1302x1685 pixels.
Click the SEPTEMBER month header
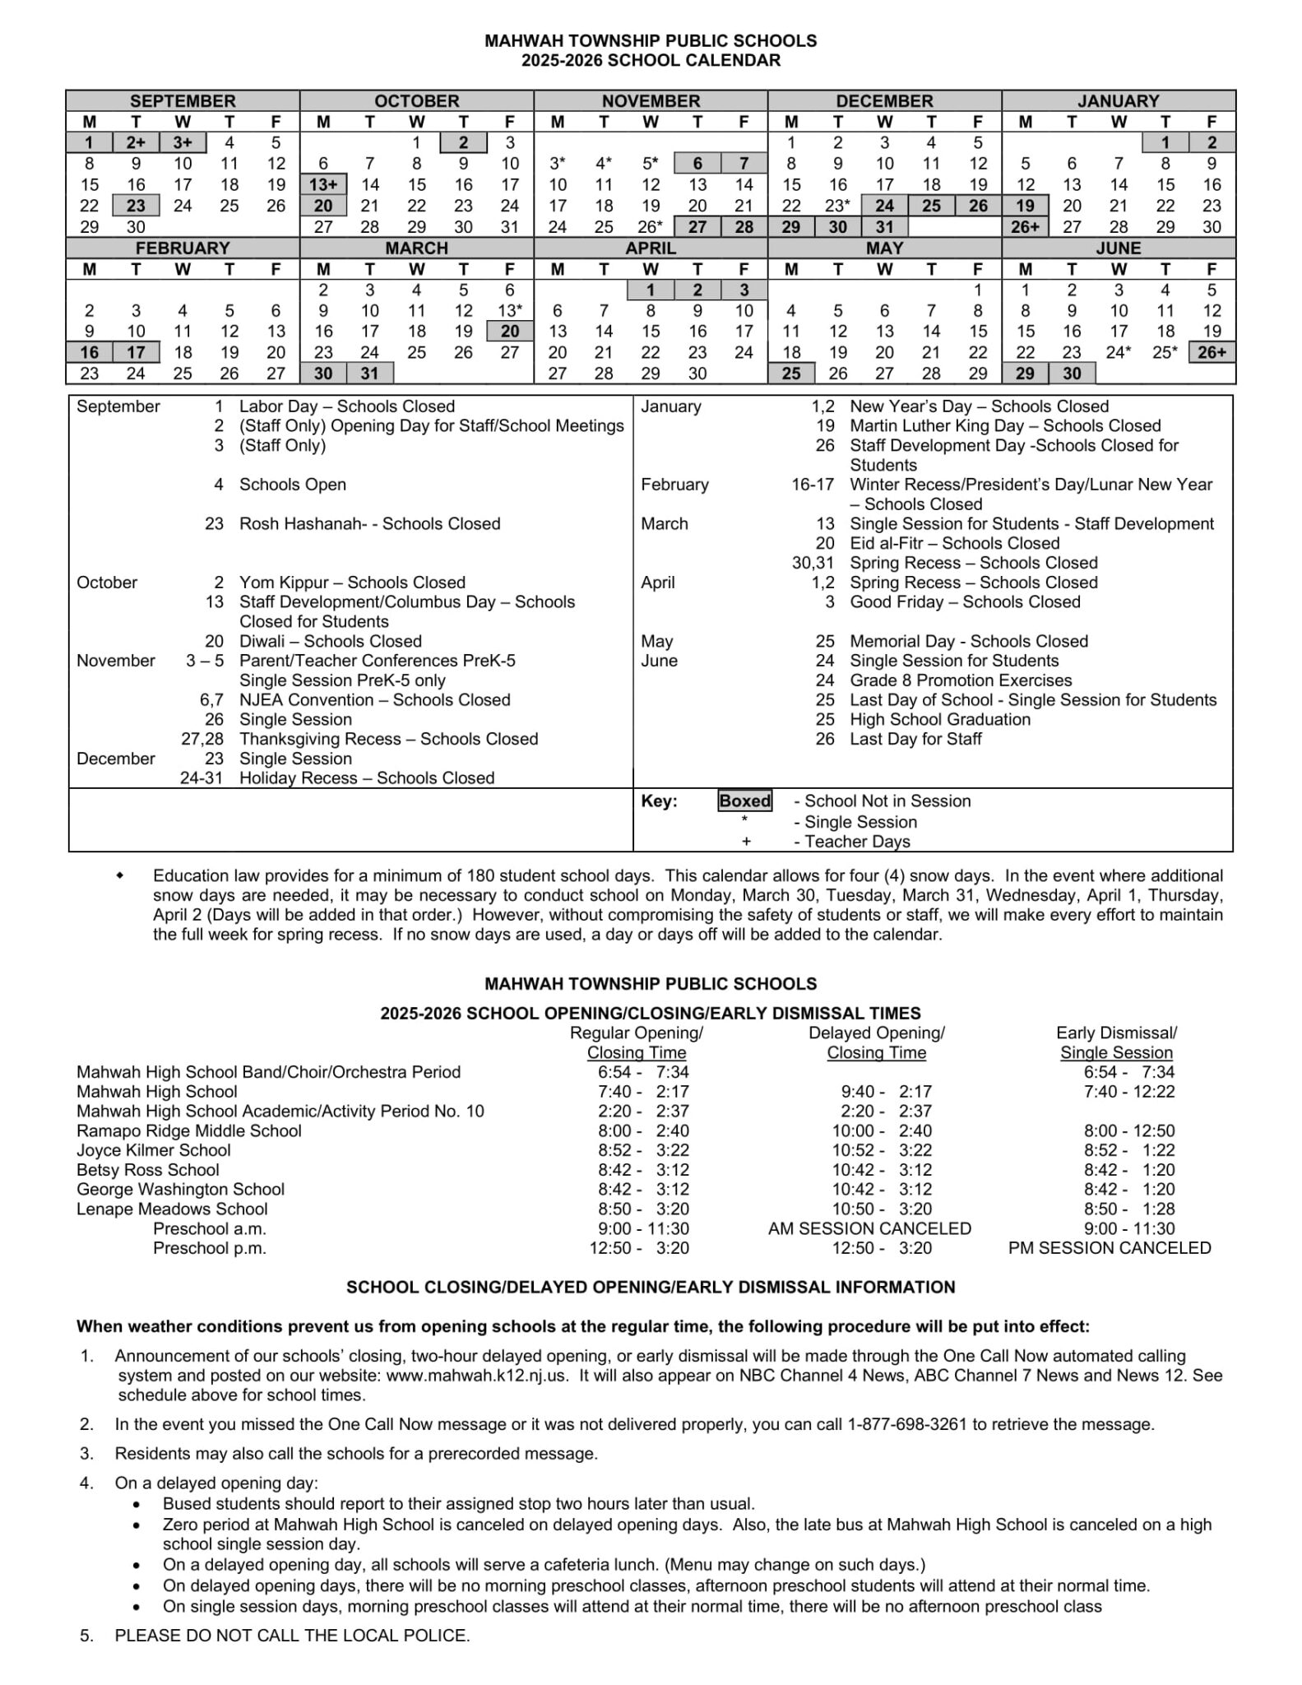click(183, 101)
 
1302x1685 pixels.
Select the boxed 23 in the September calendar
click(137, 206)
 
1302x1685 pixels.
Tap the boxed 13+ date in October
click(323, 185)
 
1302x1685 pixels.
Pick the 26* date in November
click(651, 227)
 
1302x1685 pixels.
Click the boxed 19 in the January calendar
click(1025, 206)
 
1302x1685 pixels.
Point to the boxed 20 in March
click(510, 332)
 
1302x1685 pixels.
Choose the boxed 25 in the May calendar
click(791, 374)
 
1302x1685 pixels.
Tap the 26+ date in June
click(1212, 353)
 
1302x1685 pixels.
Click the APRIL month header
click(651, 248)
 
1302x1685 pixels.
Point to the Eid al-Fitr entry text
click(892, 544)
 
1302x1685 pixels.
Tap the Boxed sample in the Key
click(745, 801)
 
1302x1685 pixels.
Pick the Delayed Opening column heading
click(876, 1033)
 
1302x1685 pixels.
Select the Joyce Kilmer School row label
click(154, 1150)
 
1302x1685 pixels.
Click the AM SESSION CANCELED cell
click(869, 1228)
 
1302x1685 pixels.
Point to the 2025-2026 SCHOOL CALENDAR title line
click(651, 61)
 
